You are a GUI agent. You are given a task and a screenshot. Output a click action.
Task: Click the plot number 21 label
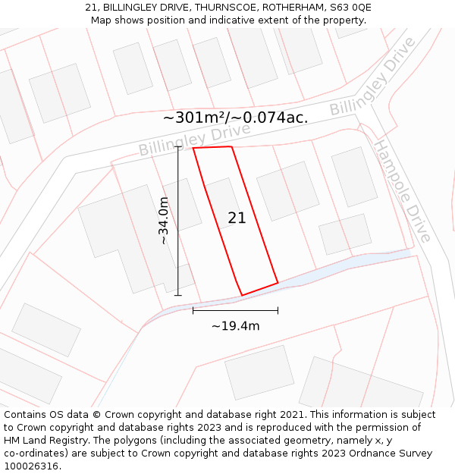237,218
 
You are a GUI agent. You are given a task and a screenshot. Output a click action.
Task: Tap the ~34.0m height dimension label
163,221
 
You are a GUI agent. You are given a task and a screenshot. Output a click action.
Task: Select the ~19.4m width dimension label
235,326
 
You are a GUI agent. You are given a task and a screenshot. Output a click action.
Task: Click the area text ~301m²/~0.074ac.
235,118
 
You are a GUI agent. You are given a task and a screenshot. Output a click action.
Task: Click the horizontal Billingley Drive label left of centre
194,140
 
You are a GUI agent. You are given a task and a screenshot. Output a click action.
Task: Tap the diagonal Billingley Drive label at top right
372,77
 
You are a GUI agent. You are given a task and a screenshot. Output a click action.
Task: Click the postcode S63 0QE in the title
350,7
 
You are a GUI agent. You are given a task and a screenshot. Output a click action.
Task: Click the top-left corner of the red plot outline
193,149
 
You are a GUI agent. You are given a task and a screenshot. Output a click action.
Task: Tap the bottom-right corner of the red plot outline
278,283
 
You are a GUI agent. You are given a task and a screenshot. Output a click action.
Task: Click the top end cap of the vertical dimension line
178,146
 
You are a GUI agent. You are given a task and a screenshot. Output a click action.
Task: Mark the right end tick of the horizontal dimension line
278,310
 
